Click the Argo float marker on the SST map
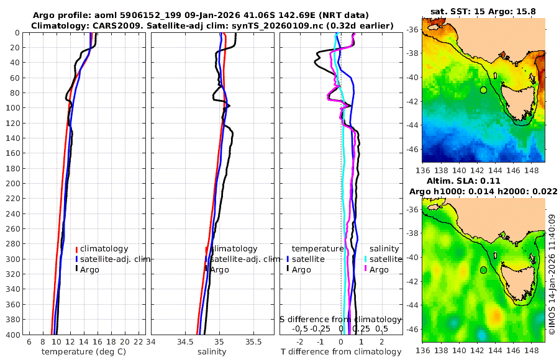point(483,90)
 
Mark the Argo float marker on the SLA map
point(483,270)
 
